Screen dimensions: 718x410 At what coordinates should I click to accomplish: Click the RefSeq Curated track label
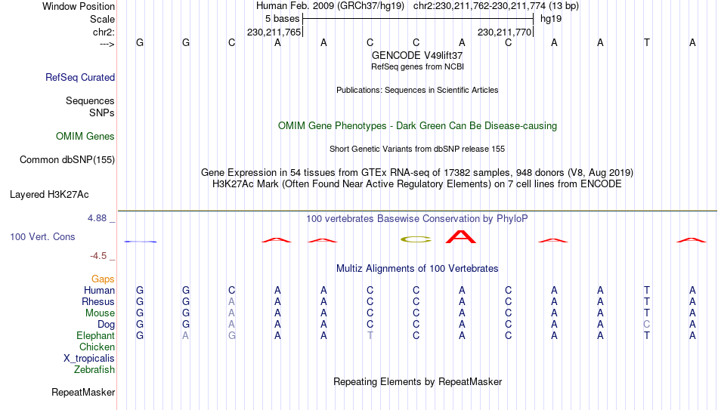pos(80,77)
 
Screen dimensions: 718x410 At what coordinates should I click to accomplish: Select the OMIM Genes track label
pos(85,137)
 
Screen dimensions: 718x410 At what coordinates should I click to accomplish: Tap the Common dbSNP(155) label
pos(67,160)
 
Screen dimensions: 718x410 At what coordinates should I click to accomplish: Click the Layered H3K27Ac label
pos(49,195)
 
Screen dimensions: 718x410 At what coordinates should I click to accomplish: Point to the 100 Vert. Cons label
pos(42,236)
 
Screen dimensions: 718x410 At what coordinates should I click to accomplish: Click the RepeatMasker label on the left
pos(83,392)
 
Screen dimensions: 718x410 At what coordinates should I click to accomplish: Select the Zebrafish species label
pos(94,369)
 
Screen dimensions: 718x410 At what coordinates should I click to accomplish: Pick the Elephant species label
pos(96,335)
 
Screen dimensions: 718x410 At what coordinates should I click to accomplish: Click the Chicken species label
pos(97,347)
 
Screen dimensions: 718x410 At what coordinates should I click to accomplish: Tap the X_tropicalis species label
pos(89,359)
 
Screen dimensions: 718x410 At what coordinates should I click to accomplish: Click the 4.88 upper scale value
pos(97,218)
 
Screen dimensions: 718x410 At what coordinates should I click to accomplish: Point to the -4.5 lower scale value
pos(98,256)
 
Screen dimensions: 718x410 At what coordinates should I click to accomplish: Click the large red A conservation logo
pos(461,237)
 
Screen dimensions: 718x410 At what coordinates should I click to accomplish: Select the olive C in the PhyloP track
pos(416,239)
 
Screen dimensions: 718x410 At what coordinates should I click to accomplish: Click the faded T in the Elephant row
pos(370,336)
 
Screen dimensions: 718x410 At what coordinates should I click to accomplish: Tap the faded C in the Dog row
pos(646,325)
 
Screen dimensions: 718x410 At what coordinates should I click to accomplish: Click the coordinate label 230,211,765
pos(274,32)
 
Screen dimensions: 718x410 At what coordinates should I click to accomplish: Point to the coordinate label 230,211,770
pos(504,32)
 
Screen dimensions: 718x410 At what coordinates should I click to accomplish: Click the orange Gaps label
pos(103,279)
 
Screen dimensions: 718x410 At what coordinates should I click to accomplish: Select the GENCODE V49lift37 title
pos(417,55)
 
